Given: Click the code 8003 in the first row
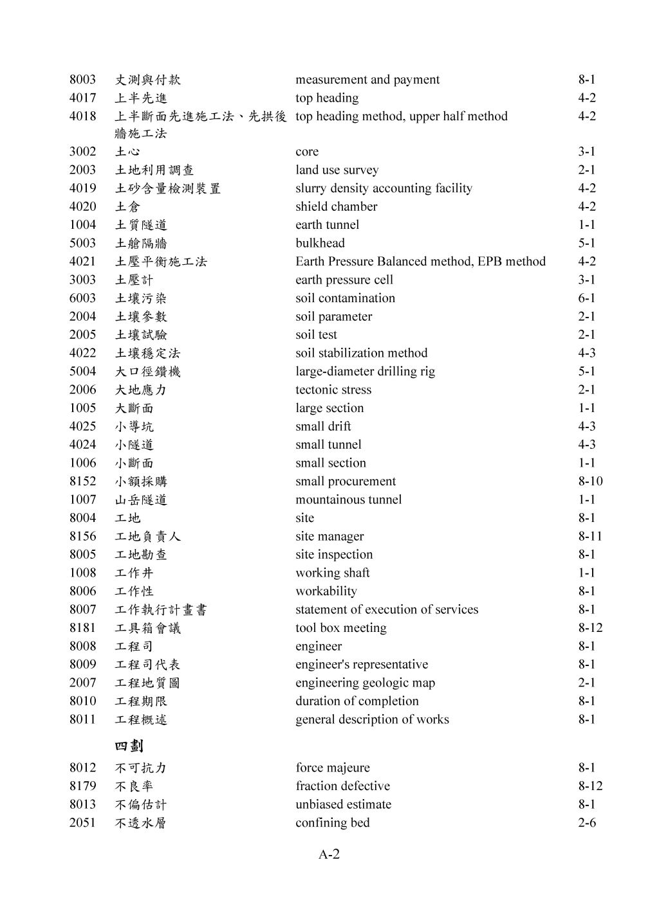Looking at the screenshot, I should tap(82, 80).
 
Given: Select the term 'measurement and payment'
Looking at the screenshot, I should tap(367, 80).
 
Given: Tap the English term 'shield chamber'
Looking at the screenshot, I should tap(336, 206).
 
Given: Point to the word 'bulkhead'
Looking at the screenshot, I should tap(320, 243).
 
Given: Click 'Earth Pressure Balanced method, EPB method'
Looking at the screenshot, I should tap(420, 262).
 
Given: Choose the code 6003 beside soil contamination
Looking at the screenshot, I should tap(82, 298).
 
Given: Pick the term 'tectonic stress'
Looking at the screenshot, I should tap(333, 390).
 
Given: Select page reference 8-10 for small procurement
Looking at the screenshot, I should tap(589, 482).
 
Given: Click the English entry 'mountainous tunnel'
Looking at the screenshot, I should tap(348, 500).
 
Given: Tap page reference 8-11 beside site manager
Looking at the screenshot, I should tap(589, 536).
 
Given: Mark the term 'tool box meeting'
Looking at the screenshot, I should tap(341, 628).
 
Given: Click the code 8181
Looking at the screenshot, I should tap(82, 628).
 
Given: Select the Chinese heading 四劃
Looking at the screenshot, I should tap(129, 746).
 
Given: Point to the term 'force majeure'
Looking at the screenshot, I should tap(333, 768).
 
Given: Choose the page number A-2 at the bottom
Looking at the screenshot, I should tap(329, 854).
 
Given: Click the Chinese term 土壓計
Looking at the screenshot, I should tap(134, 280).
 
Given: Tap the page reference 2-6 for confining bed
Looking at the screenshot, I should tap(586, 823).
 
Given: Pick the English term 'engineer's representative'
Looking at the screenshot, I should tap(362, 665).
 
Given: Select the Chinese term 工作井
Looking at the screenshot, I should tap(134, 573).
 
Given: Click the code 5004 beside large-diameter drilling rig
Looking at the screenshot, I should tap(82, 372).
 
